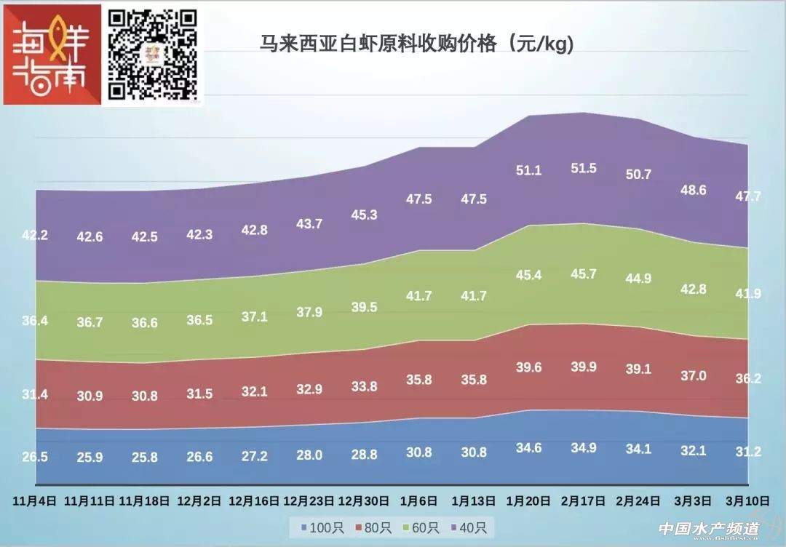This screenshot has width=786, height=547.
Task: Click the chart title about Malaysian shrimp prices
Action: click(417, 44)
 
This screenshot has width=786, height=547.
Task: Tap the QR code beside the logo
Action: click(154, 54)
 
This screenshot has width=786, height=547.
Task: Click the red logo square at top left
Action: click(52, 55)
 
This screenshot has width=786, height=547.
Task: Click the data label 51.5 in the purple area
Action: click(584, 168)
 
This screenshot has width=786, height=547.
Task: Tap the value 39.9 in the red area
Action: click(584, 367)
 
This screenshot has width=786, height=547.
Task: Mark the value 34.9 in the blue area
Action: click(584, 447)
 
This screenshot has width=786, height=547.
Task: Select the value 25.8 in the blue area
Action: click(144, 458)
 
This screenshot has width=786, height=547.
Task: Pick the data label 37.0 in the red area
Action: click(693, 375)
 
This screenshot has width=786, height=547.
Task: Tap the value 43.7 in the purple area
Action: click(309, 224)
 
